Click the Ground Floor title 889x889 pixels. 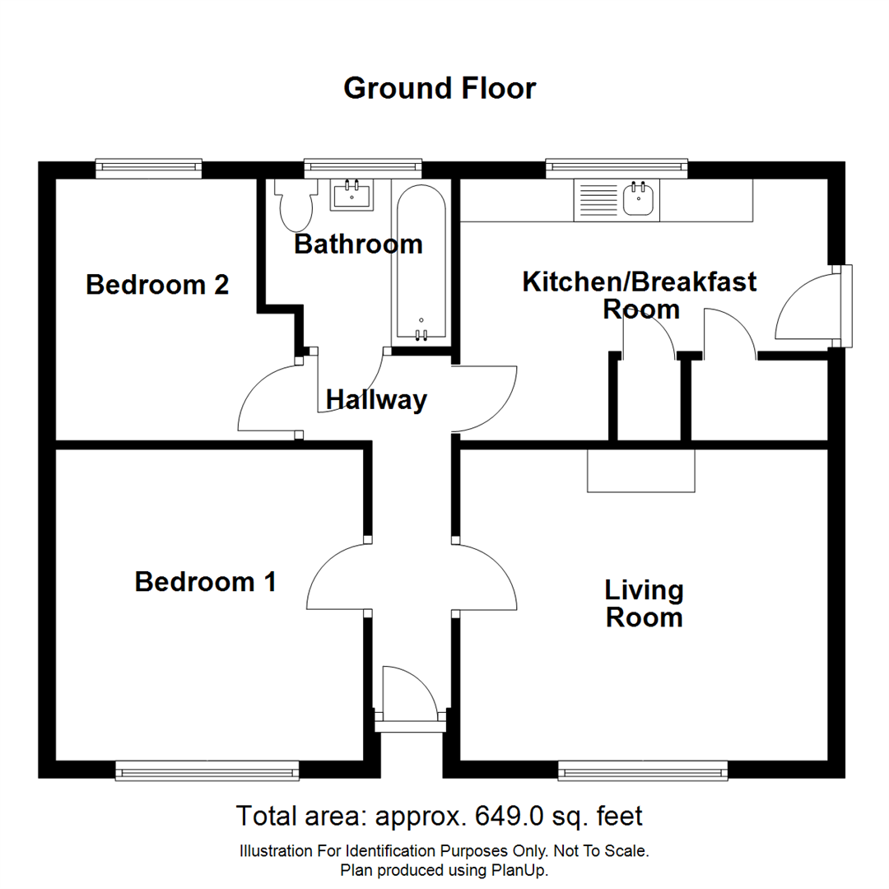click(x=440, y=87)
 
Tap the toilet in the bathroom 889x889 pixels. click(x=296, y=205)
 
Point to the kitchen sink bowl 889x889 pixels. click(x=639, y=198)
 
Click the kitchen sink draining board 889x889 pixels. click(x=598, y=200)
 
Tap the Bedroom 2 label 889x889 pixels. click(x=157, y=286)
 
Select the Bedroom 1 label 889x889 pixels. click(x=205, y=582)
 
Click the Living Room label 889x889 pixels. click(x=644, y=603)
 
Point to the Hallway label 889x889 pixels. click(x=376, y=400)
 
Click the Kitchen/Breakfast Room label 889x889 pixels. click(x=640, y=296)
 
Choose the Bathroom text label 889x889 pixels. click(x=358, y=244)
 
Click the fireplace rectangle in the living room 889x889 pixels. click(x=641, y=471)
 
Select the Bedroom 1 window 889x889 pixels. click(x=207, y=770)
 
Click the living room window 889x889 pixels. click(x=643, y=770)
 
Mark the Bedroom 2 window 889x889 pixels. click(x=148, y=168)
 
